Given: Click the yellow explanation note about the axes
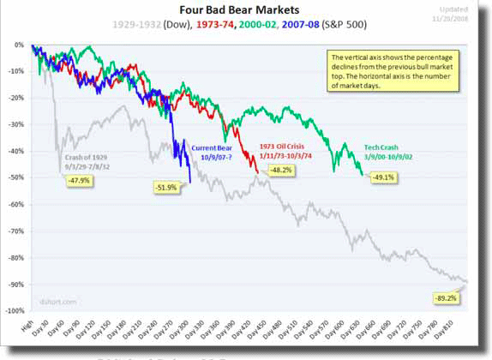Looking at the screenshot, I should point(394,70).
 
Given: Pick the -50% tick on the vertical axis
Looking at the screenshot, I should point(16,177).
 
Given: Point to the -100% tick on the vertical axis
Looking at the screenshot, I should point(15,310).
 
